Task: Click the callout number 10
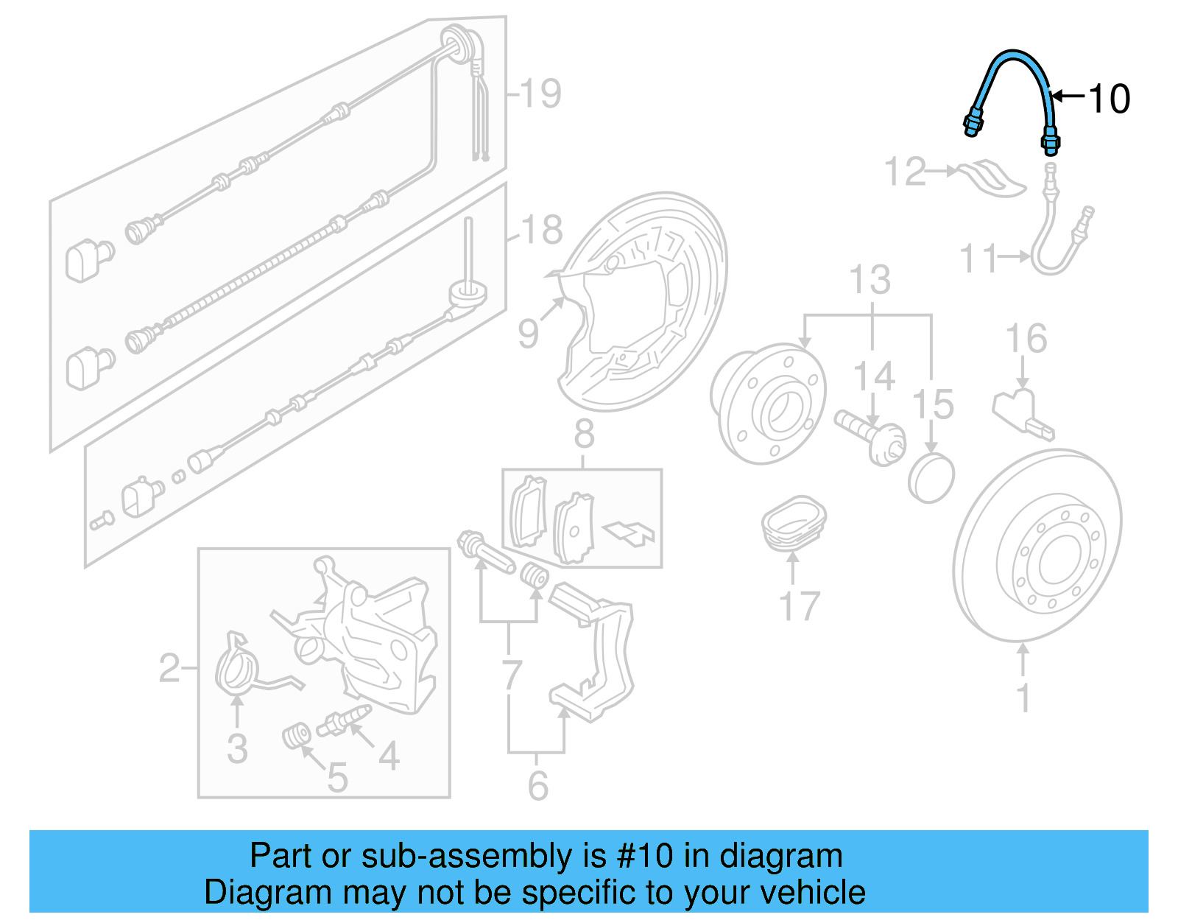click(1108, 99)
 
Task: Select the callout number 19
click(541, 94)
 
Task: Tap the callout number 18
click(543, 230)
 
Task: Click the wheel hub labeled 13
click(768, 404)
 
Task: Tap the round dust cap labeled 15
click(931, 479)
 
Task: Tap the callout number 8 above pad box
click(584, 435)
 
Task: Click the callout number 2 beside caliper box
click(169, 668)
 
